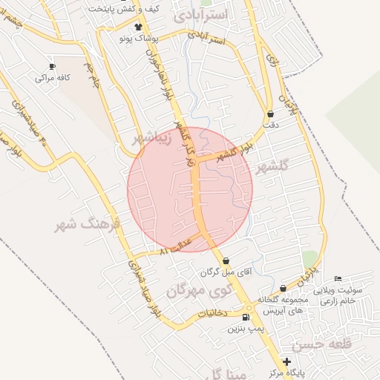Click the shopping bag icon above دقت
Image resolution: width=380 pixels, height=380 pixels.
point(270,114)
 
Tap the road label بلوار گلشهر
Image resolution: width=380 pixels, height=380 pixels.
point(235,154)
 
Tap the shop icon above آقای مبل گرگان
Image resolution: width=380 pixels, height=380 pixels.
point(226,261)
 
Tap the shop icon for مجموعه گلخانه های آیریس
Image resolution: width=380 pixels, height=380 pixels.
point(283,289)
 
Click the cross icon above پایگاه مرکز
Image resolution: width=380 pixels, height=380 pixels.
point(287,361)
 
